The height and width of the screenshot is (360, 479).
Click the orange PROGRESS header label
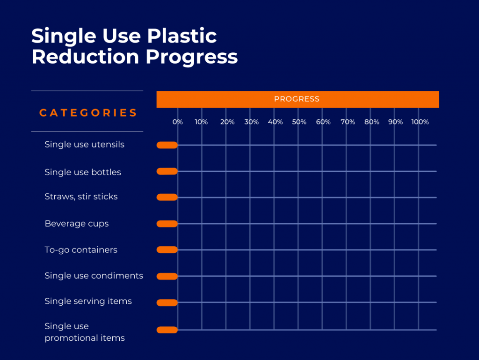[x=297, y=99]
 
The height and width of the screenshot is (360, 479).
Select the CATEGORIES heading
[x=88, y=113]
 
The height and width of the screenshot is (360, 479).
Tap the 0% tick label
[x=177, y=122]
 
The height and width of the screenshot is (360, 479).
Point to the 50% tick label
[x=299, y=122]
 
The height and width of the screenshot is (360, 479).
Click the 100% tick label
[x=420, y=122]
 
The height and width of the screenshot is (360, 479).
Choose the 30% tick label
[x=251, y=122]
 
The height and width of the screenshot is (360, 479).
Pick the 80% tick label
[x=372, y=122]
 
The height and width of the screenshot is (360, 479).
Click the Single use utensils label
[x=84, y=144]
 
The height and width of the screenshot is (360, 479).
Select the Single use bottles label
[x=83, y=172]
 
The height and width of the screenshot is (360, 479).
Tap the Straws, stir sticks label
[x=81, y=197]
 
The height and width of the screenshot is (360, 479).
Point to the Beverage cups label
[x=76, y=224]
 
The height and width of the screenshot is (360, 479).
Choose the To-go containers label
[x=81, y=250]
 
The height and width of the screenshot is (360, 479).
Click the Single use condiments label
[x=94, y=276]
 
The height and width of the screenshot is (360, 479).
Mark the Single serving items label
[x=88, y=301]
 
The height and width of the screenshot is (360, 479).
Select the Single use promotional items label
[x=85, y=332]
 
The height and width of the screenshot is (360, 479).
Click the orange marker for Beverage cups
[x=167, y=224]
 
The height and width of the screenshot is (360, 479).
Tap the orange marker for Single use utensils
[x=167, y=145]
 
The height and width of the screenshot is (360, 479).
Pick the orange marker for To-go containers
[x=167, y=250]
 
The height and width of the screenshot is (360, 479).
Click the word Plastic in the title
[x=182, y=36]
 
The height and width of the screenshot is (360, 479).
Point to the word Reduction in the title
[x=85, y=57]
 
